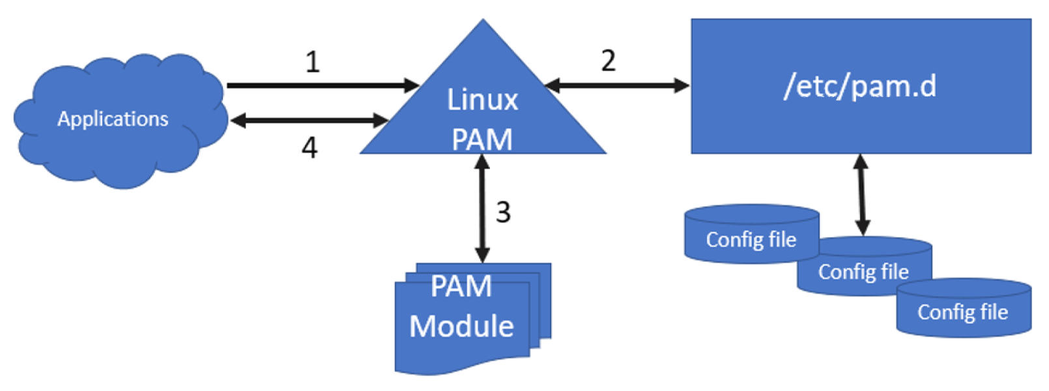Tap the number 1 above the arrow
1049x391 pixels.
coord(313,62)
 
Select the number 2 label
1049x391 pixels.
coord(608,61)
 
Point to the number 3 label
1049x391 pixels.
coord(503,212)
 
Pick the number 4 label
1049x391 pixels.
coord(309,148)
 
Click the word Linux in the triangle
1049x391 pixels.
coord(482,100)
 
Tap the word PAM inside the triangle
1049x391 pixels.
coord(482,139)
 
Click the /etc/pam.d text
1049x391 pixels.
coord(860,86)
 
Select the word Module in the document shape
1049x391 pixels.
coord(461,326)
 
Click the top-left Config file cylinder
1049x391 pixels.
coord(751,239)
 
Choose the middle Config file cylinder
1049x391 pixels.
coord(863,271)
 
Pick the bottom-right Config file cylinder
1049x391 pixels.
coord(962,312)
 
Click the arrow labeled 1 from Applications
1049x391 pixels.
coord(323,85)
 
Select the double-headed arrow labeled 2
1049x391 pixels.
coord(616,85)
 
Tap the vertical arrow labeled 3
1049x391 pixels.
coord(482,209)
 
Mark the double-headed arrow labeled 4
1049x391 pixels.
coord(309,121)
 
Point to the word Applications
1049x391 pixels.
coord(113,119)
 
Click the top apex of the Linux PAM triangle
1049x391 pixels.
coord(483,23)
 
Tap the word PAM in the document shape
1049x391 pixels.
coord(461,287)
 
